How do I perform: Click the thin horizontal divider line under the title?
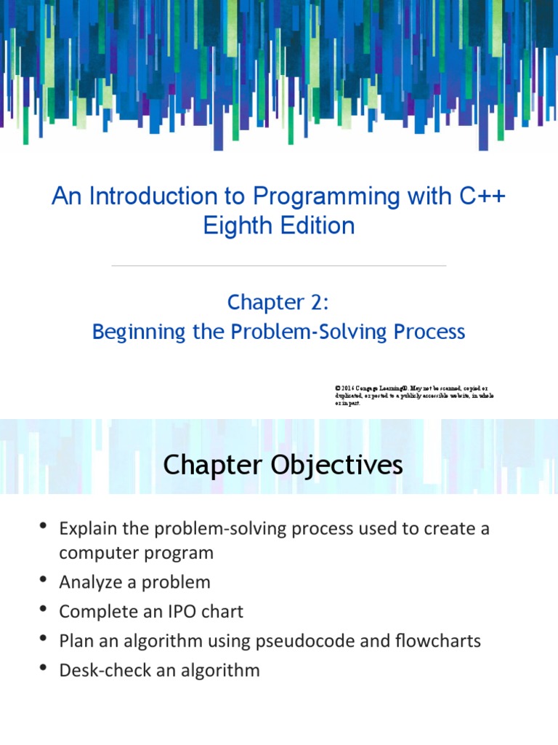278,266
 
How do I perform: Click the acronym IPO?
186,611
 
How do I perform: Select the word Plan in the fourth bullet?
76,641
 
